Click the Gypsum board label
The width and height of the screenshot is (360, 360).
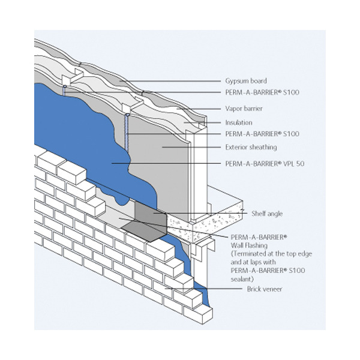click(x=246, y=80)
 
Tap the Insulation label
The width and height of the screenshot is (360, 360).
click(x=239, y=122)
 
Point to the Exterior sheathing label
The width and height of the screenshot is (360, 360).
click(x=251, y=146)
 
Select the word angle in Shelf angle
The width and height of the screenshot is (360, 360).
click(x=272, y=213)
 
